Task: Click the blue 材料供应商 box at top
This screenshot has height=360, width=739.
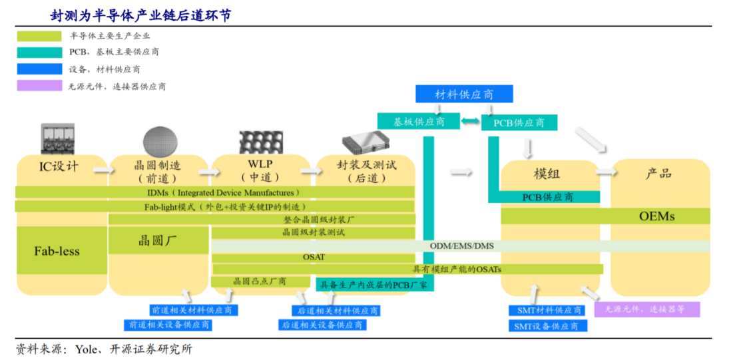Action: tap(464, 94)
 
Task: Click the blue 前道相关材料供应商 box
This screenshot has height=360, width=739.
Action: tap(192, 310)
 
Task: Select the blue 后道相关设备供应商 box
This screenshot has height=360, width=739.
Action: tap(322, 325)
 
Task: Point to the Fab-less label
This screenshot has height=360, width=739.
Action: tap(57, 251)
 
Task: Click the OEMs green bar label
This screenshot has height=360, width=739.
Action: tap(656, 216)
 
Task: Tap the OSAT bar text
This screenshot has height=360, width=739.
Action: tap(314, 257)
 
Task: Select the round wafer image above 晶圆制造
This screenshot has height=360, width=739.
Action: tap(160, 140)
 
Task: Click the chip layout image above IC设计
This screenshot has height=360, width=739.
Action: tap(59, 140)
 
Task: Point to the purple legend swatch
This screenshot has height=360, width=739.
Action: tap(39, 86)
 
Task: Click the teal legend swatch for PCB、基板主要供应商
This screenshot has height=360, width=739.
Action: tap(39, 52)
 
